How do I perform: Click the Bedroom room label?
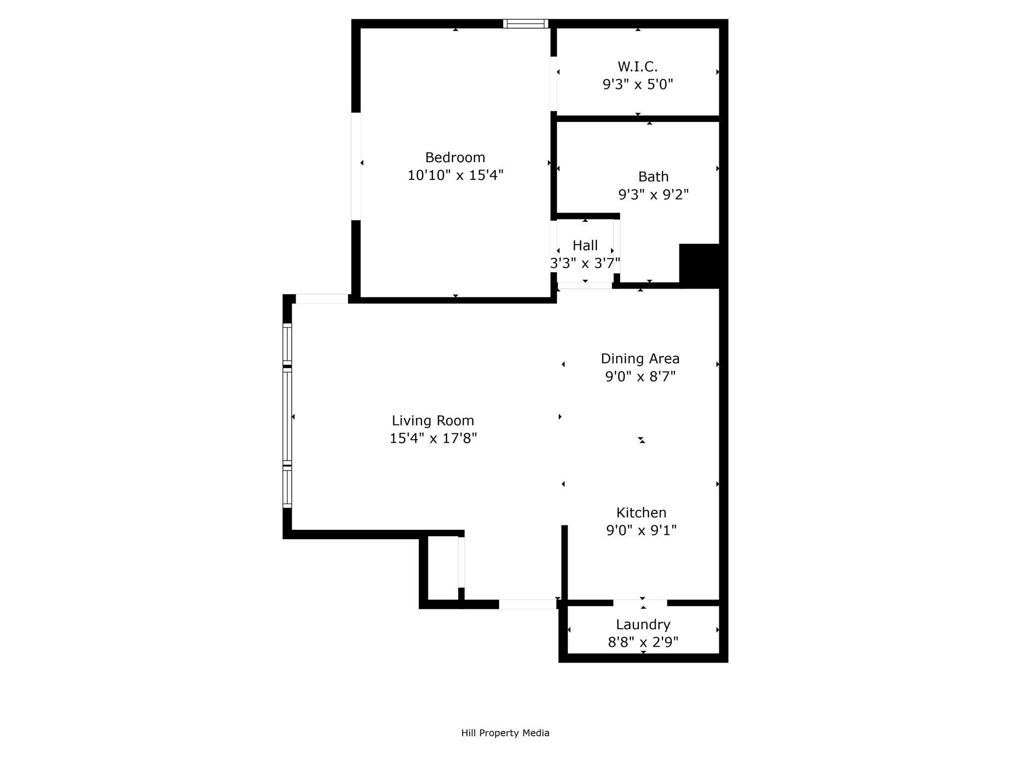(455, 158)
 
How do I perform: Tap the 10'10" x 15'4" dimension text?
(455, 175)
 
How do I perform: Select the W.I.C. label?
(637, 67)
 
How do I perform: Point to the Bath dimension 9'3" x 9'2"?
(653, 195)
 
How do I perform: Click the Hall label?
(585, 246)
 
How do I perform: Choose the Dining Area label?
(640, 359)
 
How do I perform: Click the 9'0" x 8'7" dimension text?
(640, 377)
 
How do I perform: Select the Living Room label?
(432, 421)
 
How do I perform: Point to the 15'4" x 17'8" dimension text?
(432, 439)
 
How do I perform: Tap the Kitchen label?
(641, 512)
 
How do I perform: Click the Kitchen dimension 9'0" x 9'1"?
(641, 531)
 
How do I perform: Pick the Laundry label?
(643, 625)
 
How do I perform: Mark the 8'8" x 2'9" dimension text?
(643, 642)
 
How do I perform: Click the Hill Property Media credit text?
(505, 733)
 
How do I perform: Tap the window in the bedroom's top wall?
(525, 24)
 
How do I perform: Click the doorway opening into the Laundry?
(640, 603)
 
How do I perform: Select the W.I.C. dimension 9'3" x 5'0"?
(637, 84)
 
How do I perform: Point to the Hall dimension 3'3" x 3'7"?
(585, 263)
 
